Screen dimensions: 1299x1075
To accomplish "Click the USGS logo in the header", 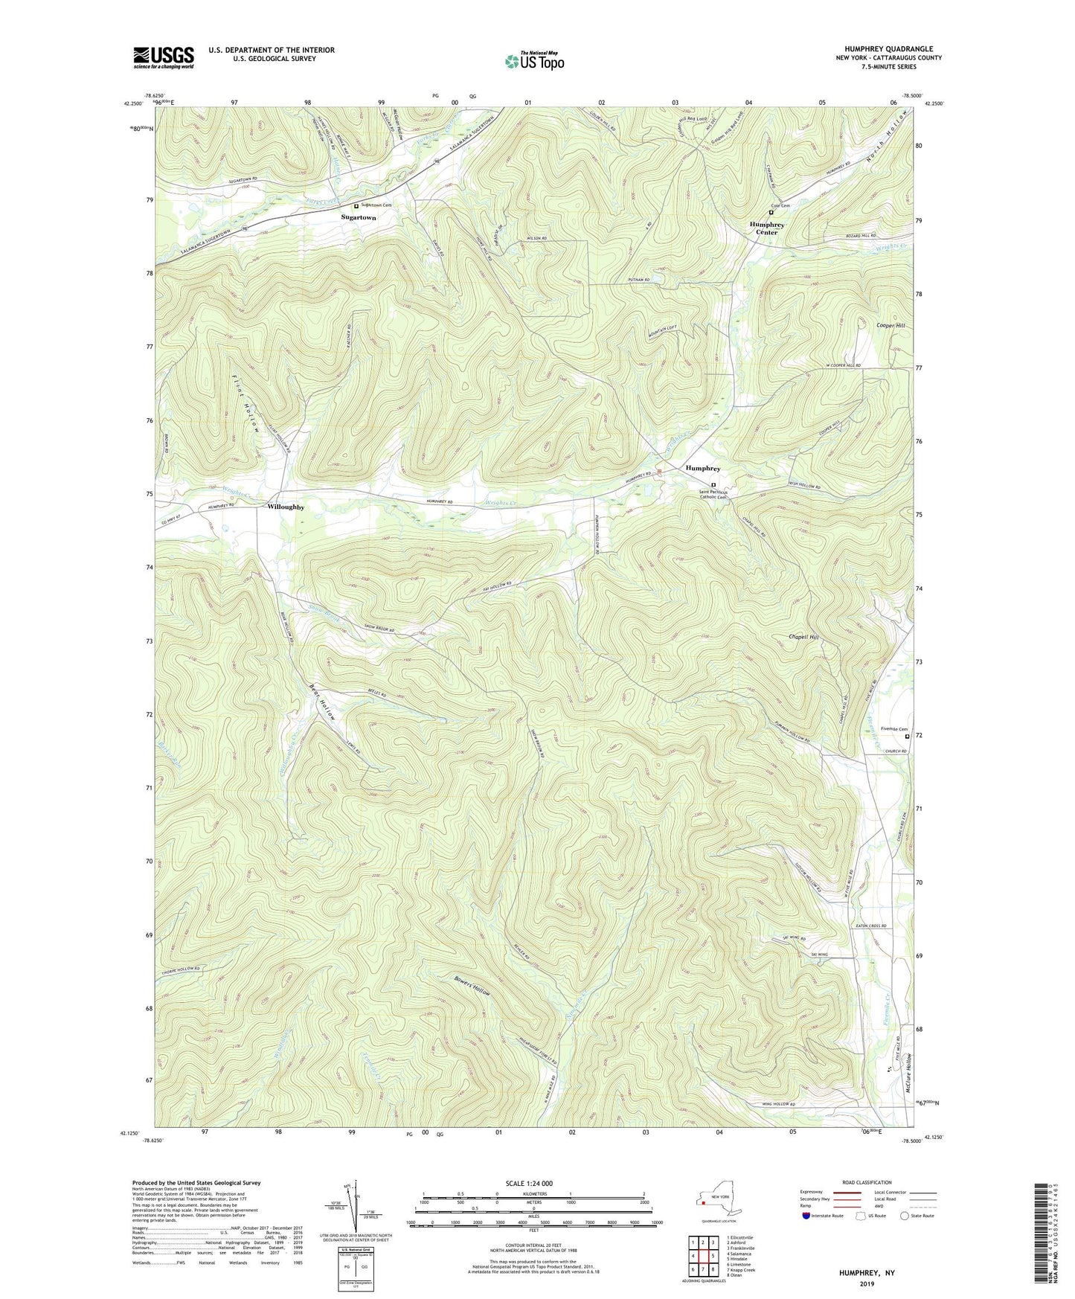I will point(164,57).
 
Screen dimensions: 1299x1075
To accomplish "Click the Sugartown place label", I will point(359,218).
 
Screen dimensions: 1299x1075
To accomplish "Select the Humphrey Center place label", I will point(767,228).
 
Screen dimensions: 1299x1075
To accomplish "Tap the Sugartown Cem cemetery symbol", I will point(356,205).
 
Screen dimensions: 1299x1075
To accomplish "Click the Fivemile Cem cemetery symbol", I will point(907,737).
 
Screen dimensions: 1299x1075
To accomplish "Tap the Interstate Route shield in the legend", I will point(808,1216).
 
